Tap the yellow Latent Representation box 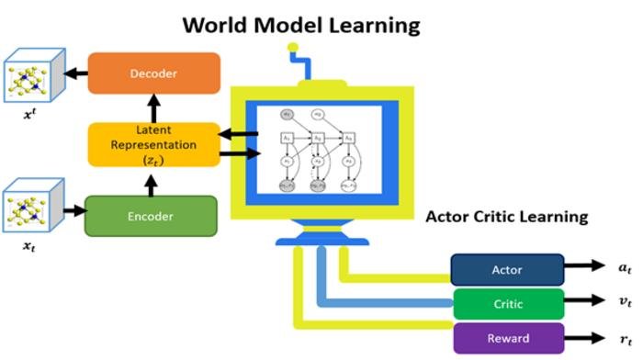click(x=154, y=144)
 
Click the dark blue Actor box click(x=507, y=270)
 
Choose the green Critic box click(x=507, y=303)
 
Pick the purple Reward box click(x=507, y=337)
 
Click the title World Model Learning click(x=301, y=25)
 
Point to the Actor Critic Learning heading click(x=506, y=218)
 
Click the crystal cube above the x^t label click(x=33, y=79)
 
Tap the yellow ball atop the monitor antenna click(x=293, y=47)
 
